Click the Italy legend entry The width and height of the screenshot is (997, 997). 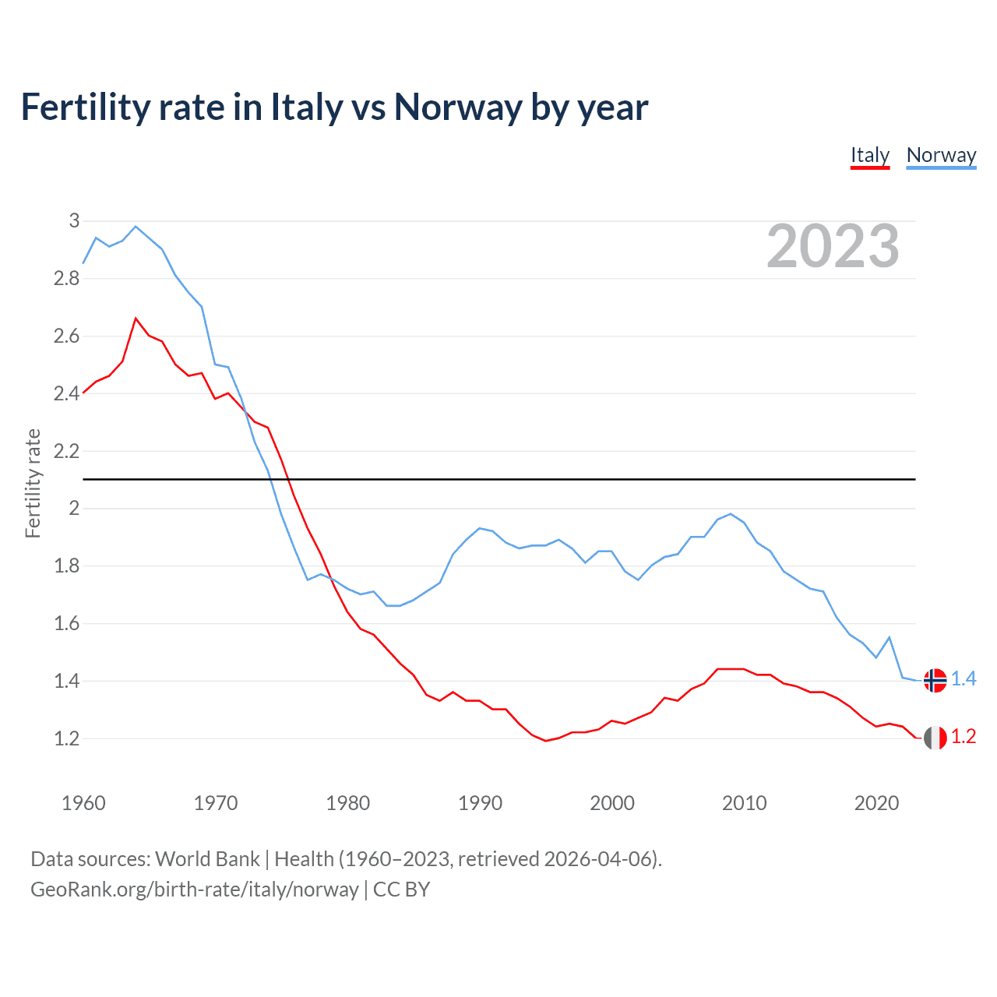click(x=869, y=155)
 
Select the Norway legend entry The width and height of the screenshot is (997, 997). click(x=941, y=155)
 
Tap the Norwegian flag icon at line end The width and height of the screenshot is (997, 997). click(x=935, y=680)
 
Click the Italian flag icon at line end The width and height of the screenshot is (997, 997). click(x=935, y=737)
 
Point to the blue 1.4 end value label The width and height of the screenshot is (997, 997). click(x=964, y=679)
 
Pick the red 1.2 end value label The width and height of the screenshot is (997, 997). click(x=964, y=737)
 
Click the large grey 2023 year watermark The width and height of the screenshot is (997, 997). click(x=833, y=246)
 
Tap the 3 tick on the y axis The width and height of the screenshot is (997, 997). click(x=75, y=221)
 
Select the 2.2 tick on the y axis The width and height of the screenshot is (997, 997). click(x=67, y=451)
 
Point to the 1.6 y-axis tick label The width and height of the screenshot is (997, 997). click(x=67, y=623)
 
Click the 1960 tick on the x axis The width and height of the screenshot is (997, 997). click(x=83, y=803)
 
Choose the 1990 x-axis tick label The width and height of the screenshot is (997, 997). click(x=480, y=803)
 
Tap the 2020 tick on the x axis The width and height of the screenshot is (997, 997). click(x=876, y=803)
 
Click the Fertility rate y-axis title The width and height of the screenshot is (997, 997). click(x=33, y=483)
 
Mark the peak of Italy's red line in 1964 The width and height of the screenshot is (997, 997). click(x=136, y=319)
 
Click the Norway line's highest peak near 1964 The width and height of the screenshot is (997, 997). click(x=136, y=227)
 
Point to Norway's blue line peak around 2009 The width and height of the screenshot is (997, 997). click(x=730, y=514)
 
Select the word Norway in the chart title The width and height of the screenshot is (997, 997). click(x=457, y=107)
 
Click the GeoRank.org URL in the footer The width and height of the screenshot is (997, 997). click(x=195, y=890)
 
